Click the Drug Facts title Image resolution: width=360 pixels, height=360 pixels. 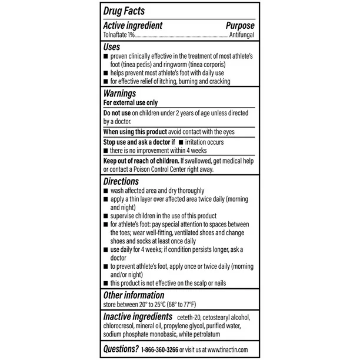(x=124, y=11)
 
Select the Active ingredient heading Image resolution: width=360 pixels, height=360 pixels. (x=132, y=26)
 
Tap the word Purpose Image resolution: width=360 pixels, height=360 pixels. (x=240, y=26)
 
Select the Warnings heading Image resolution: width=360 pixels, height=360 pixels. (x=119, y=93)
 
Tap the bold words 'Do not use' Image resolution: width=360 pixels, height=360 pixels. (x=116, y=112)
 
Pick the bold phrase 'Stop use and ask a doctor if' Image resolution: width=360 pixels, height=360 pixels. (x=141, y=142)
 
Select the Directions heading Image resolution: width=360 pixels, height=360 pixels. (x=121, y=182)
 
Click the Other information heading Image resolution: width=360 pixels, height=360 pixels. (x=134, y=295)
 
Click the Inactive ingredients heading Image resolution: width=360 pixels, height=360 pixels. (x=138, y=318)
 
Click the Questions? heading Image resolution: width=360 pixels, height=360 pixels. (x=121, y=348)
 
